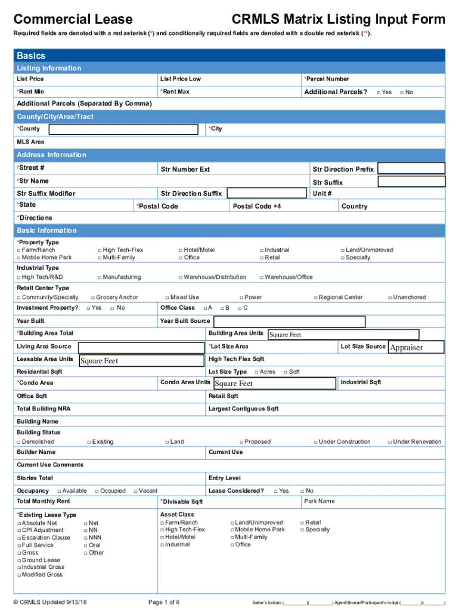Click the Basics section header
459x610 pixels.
click(31, 55)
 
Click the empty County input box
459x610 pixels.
click(123, 129)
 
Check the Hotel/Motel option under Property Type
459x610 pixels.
click(181, 250)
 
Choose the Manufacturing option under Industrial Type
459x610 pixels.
click(100, 277)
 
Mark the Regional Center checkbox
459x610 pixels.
click(316, 297)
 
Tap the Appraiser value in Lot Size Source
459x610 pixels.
click(415, 347)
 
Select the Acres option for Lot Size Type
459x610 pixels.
click(257, 372)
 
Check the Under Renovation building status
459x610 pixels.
click(390, 442)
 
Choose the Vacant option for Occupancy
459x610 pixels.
click(135, 491)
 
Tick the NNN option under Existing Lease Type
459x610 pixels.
click(86, 537)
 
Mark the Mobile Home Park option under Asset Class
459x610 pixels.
click(232, 530)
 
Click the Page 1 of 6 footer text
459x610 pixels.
click(163, 602)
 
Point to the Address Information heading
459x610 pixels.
click(51, 155)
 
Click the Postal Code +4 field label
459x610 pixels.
click(256, 206)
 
